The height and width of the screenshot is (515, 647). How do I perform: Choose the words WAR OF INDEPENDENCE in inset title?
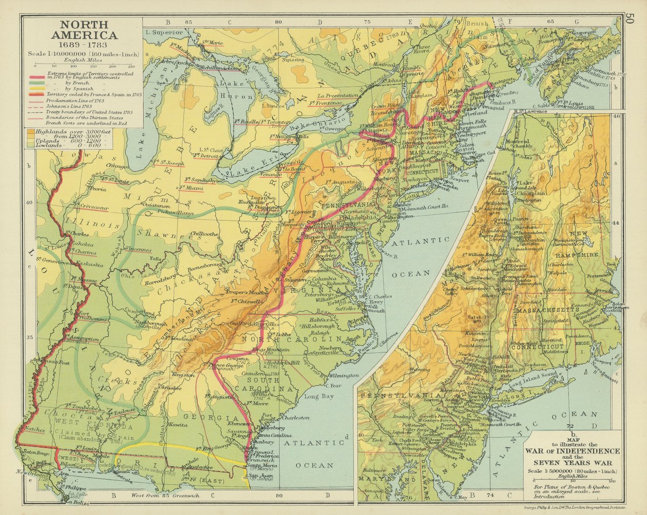[572, 451]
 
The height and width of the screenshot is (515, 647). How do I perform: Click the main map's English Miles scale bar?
[82, 66]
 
